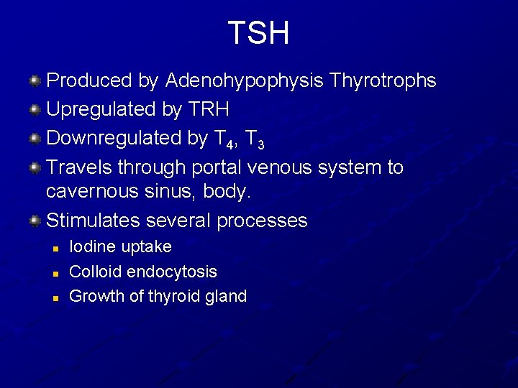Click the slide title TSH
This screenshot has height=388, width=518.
(x=258, y=33)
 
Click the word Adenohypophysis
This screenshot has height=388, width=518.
(x=244, y=80)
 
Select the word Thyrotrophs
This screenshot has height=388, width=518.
(x=383, y=80)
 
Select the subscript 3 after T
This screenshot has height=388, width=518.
(x=260, y=144)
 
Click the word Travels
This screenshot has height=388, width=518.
(x=78, y=167)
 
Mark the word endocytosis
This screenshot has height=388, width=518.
(x=171, y=272)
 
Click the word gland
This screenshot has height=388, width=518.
(x=225, y=296)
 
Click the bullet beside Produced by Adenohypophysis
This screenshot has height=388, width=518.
(x=34, y=80)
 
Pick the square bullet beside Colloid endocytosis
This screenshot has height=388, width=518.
(x=55, y=272)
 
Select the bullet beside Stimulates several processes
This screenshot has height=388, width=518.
(x=34, y=221)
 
